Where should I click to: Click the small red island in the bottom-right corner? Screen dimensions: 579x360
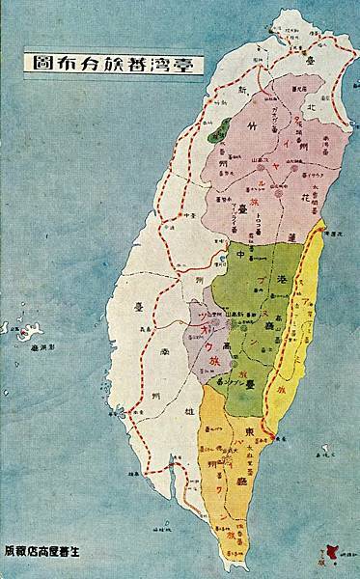[x=334, y=551]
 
